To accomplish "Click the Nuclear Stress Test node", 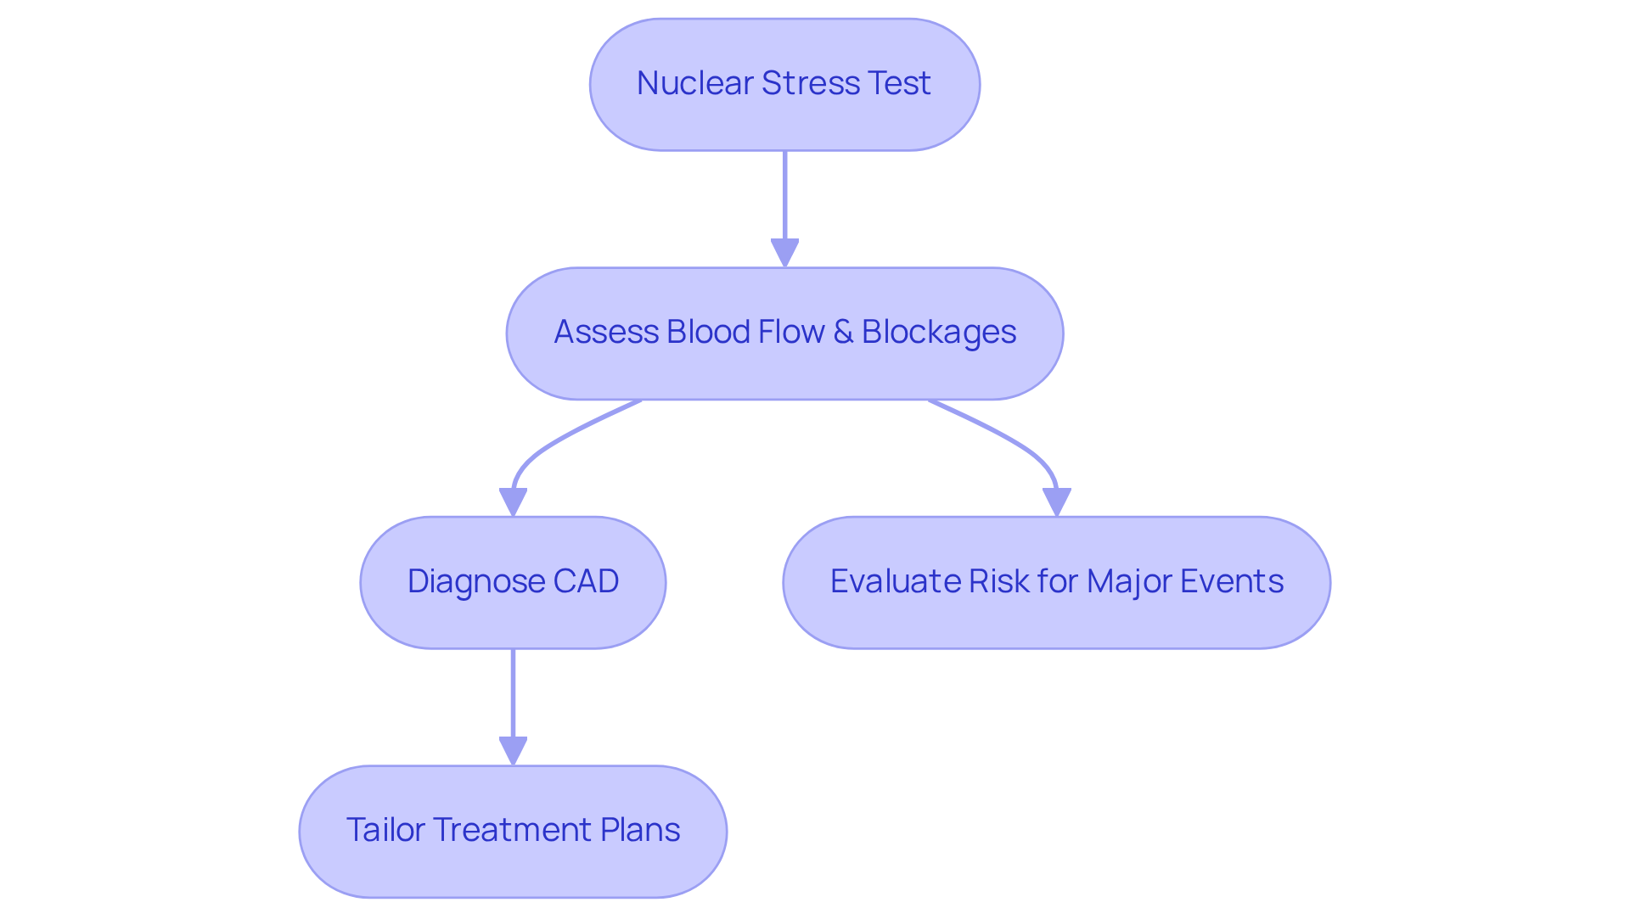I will pyautogui.click(x=784, y=85).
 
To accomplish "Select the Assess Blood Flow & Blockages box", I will pyautogui.click(x=784, y=333).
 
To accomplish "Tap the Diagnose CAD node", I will pyautogui.click(x=513, y=582).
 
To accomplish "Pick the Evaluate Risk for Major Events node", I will pyautogui.click(x=1056, y=582).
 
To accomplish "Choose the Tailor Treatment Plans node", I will pyautogui.click(x=513, y=831).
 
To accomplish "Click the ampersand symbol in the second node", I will pyautogui.click(x=843, y=332).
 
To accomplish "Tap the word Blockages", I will pyautogui.click(x=938, y=332).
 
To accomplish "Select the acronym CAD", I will pyautogui.click(x=586, y=581).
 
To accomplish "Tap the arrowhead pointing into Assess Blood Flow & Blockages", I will pyautogui.click(x=784, y=253).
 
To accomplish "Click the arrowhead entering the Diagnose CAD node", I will pyautogui.click(x=513, y=502).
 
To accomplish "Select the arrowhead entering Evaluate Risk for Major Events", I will pyautogui.click(x=1056, y=502).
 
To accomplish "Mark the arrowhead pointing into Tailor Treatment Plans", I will pyautogui.click(x=513, y=750).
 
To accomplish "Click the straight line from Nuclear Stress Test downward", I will pyautogui.click(x=784, y=195).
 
